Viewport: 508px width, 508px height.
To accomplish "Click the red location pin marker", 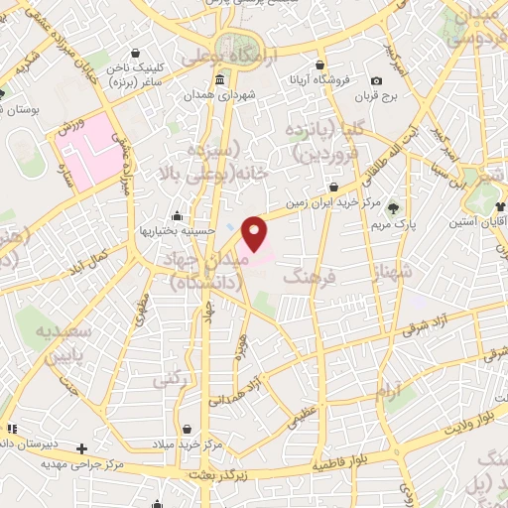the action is click(255, 233).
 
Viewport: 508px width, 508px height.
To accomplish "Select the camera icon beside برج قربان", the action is click(376, 81).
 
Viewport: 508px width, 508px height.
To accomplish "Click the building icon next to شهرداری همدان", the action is click(219, 81).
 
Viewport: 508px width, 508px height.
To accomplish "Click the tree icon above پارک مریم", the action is click(395, 207).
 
